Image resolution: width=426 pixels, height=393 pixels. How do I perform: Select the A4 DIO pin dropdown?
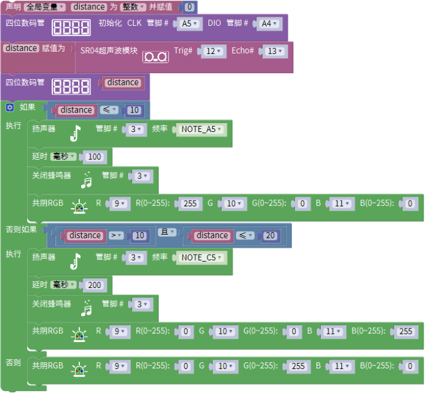(x=268, y=24)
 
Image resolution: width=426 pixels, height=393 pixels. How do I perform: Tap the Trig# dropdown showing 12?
(x=211, y=51)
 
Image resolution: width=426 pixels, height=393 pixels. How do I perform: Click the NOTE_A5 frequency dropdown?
(x=201, y=130)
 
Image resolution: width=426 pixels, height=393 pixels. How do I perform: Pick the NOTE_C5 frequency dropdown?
(x=201, y=257)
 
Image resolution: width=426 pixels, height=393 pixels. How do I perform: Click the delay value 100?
(x=94, y=157)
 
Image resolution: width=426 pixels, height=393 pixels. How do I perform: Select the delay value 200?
(x=94, y=285)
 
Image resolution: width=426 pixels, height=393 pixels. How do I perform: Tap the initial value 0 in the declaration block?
(x=189, y=7)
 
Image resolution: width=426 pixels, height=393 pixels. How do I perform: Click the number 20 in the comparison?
(x=269, y=236)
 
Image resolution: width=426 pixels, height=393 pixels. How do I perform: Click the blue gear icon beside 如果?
(x=10, y=107)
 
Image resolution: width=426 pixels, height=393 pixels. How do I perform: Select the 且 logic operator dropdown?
(x=167, y=232)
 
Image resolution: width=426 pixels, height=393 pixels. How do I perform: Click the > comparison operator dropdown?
(x=116, y=235)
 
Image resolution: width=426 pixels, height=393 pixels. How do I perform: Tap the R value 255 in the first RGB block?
(x=190, y=204)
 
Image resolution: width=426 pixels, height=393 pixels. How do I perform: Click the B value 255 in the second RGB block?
(x=406, y=332)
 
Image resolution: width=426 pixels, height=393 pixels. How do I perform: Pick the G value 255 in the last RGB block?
(x=298, y=366)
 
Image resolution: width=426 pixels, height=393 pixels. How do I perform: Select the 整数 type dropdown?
(x=132, y=7)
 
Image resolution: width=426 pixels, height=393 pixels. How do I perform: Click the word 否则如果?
(x=21, y=230)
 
